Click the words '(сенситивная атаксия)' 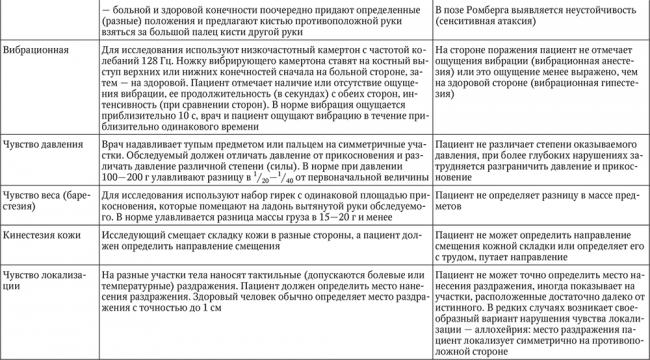pos(485,23)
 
